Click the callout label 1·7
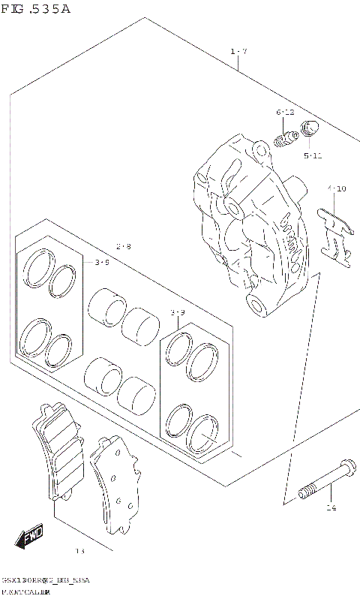238,51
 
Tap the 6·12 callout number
285,113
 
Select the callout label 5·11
313,155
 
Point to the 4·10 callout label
337,188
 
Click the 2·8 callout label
124,246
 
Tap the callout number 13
80,552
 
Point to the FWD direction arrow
30,537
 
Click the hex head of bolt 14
346,466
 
